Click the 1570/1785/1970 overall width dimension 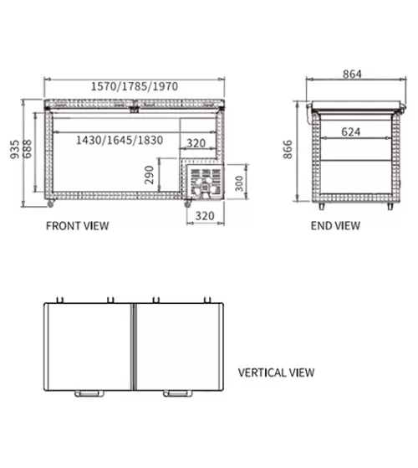[135, 86]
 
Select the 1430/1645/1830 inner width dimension [120, 140]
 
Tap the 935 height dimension [14, 149]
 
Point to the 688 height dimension [27, 149]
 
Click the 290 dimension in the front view [149, 175]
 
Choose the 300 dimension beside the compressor [239, 183]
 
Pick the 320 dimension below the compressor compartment [205, 215]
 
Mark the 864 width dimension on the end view [352, 74]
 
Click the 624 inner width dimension [350, 131]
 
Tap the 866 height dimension [288, 149]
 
